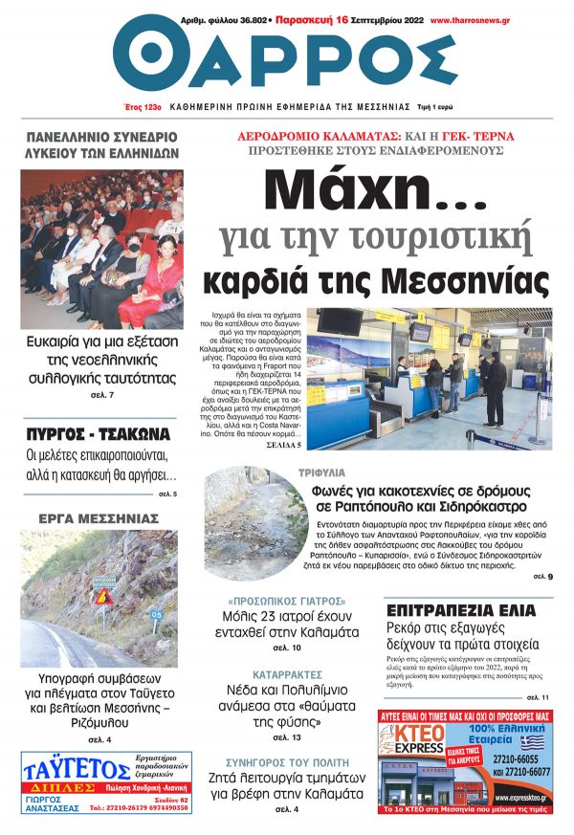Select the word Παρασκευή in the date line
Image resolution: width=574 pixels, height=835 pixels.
pyautogui.click(x=304, y=19)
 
